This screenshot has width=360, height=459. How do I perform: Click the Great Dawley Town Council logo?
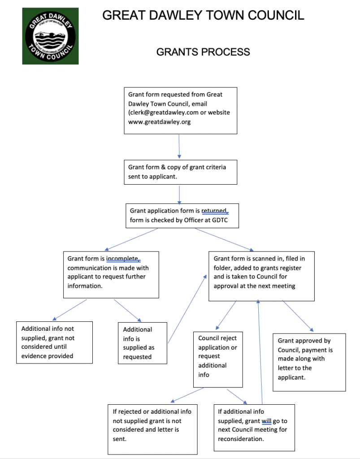(50, 36)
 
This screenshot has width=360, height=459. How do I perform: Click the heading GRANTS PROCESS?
(203, 52)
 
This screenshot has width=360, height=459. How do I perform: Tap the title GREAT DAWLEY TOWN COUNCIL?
(203, 15)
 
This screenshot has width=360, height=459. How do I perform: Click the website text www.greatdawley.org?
(160, 122)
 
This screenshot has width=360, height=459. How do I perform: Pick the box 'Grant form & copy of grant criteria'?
(181, 172)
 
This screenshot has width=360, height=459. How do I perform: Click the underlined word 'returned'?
(214, 211)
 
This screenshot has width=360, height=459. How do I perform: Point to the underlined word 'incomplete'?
(122, 259)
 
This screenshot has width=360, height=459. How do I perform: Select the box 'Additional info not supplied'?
(54, 342)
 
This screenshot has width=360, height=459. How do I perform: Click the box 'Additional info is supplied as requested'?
(143, 343)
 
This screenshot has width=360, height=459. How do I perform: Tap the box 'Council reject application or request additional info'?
(218, 359)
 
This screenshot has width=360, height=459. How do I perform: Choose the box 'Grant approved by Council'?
(309, 362)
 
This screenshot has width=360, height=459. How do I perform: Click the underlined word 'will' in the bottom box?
(266, 421)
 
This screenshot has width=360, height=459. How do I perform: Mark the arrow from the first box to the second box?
(179, 147)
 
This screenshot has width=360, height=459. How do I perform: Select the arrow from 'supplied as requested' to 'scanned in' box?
(187, 309)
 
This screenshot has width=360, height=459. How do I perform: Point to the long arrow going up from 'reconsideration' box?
(260, 352)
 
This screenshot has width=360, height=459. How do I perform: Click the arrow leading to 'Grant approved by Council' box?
(298, 316)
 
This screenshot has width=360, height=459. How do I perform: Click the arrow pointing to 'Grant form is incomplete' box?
(131, 239)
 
